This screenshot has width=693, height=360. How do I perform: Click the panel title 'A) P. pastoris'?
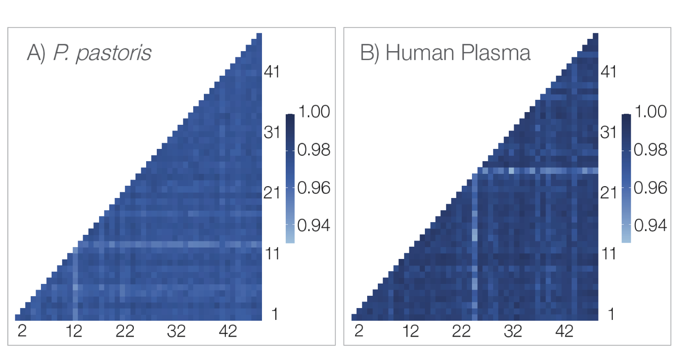coord(89,53)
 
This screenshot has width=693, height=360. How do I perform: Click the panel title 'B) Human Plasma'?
coord(445,53)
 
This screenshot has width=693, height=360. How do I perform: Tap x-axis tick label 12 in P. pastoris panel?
coord(74,331)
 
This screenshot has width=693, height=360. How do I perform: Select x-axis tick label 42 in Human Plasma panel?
coord(564,331)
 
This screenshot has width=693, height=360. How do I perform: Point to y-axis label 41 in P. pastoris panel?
coord(272,72)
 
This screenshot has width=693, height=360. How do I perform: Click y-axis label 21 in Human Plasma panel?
coord(608,192)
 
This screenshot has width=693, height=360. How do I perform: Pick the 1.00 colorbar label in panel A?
coord(314,112)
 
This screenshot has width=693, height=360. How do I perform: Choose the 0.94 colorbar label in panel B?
coord(650,225)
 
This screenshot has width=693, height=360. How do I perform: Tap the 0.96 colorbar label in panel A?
coord(314,188)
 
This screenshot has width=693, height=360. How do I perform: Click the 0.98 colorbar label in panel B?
coord(650,150)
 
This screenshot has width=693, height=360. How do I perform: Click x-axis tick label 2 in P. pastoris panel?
coord(23,331)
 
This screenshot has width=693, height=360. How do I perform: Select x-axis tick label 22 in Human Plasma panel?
coord(461,331)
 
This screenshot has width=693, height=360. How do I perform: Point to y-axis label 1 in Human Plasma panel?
coord(611,314)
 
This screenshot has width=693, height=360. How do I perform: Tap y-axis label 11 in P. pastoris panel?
coord(272,254)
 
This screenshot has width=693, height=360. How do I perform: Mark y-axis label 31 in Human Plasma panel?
coord(608,132)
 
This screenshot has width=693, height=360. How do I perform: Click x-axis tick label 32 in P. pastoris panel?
coord(176,331)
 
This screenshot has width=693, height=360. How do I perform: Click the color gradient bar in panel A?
coord(290,178)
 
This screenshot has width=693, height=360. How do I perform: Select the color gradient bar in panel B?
coord(626,178)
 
